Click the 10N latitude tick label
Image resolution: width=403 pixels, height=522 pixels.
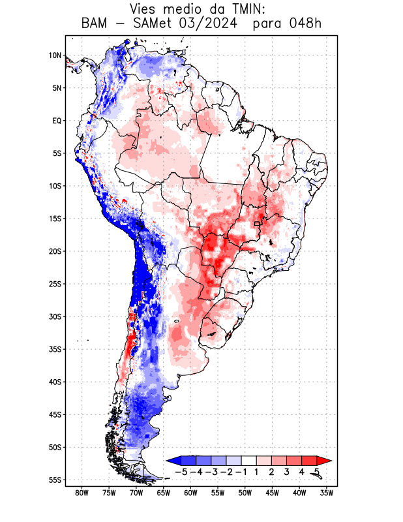55,55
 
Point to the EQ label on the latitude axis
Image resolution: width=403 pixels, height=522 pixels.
57,121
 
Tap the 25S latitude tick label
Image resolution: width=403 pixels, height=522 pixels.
55,284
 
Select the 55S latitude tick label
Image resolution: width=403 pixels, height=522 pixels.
55,480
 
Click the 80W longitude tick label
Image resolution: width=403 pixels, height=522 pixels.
82,493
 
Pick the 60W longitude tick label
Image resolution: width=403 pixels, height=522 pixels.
190,493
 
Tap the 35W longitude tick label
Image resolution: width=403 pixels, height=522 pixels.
327,493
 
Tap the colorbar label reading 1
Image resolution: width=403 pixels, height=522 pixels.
258,471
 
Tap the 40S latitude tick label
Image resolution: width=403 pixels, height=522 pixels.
55,382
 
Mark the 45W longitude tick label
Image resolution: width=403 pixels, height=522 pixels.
272,493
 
